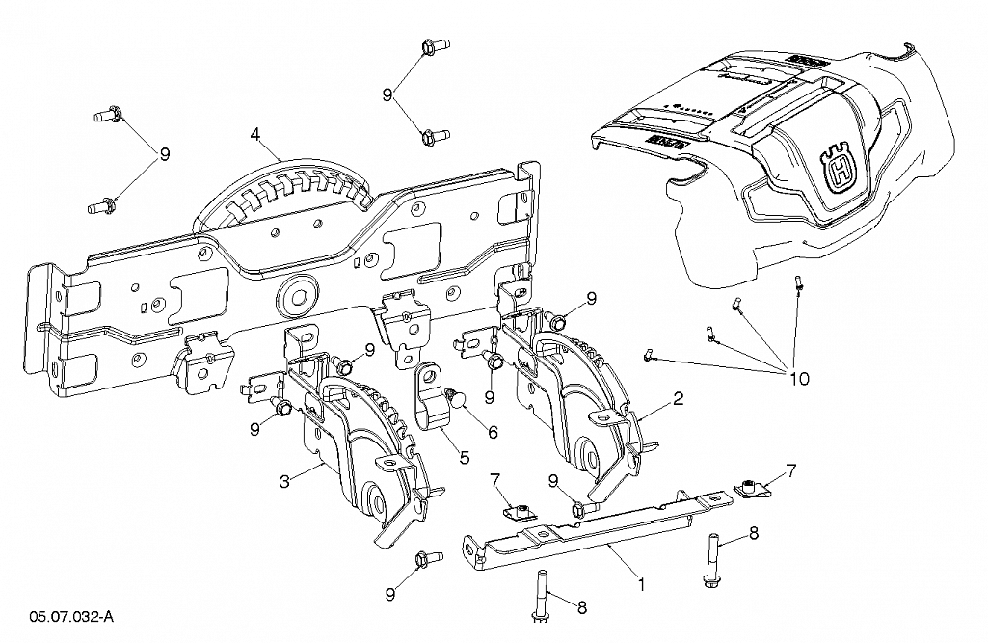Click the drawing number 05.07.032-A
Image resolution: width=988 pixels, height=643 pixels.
click(71, 617)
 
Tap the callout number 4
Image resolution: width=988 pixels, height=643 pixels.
click(254, 134)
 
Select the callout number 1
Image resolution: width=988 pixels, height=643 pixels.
click(641, 585)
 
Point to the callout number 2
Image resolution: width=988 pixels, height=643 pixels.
click(678, 398)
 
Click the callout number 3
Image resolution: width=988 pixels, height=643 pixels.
click(284, 481)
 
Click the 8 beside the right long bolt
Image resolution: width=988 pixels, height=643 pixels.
click(754, 534)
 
